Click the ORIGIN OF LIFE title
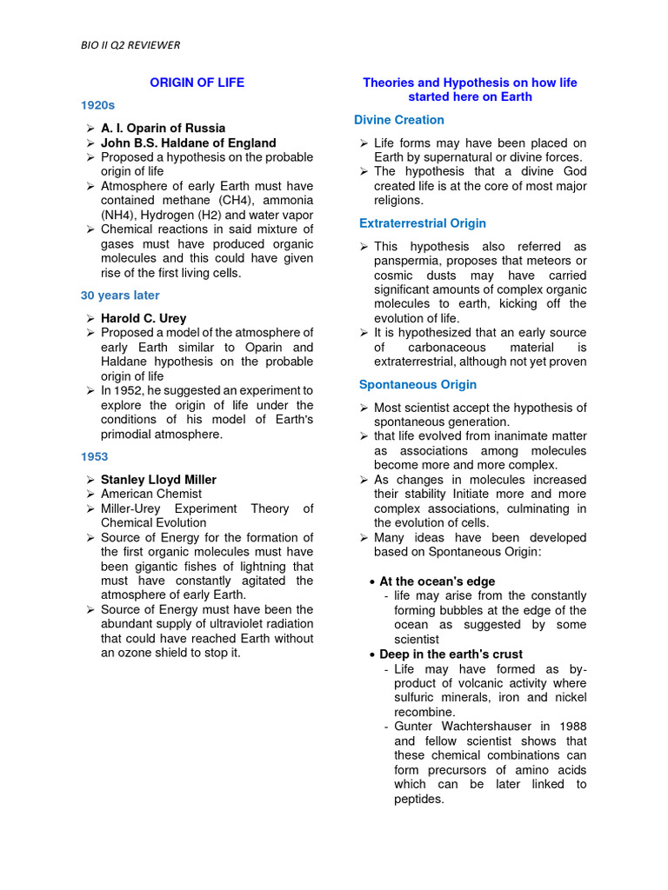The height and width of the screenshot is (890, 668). [197, 83]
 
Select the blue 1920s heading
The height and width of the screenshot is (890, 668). [97, 105]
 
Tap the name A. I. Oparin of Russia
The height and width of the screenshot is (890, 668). [163, 128]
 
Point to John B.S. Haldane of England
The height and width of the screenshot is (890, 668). [188, 143]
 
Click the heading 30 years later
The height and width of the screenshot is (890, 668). [120, 296]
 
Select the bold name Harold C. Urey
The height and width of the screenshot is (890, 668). [144, 318]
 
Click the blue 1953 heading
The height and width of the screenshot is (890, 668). [94, 456]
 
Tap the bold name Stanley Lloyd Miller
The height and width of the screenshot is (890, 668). [158, 479]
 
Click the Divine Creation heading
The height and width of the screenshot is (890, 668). [399, 120]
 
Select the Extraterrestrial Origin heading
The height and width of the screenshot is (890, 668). [423, 223]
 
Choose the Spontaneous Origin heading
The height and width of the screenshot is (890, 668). [417, 384]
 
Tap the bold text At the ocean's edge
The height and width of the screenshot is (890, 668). [438, 581]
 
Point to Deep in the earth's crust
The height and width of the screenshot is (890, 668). [451, 654]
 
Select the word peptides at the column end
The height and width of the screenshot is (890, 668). [418, 799]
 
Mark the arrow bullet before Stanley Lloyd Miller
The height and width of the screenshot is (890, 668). [90, 480]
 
